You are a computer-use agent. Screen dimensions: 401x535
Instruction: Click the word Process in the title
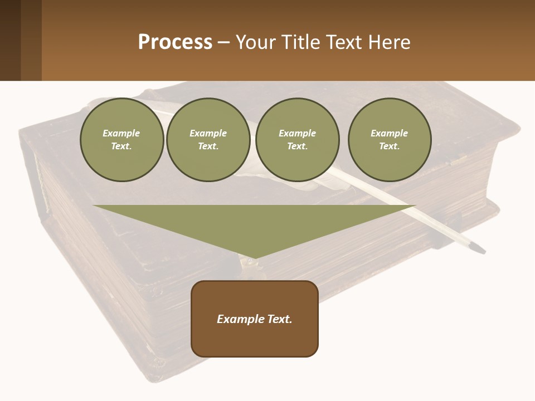pos(175,42)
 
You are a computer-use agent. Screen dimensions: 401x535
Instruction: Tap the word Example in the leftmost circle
pos(121,133)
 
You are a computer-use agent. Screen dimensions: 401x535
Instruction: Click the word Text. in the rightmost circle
pos(390,146)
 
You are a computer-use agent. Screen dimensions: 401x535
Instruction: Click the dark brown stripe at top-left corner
pos(10,40)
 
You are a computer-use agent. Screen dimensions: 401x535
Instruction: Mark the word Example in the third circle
pos(297,133)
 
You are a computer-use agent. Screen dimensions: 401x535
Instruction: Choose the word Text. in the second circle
pos(208,146)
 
